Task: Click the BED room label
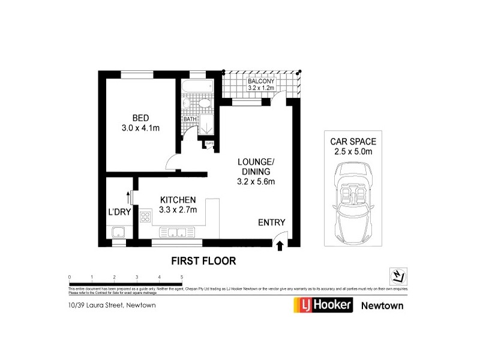tap(140, 117)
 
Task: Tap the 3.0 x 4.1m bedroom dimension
tap(140, 127)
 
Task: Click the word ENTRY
tap(271, 223)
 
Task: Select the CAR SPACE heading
tap(353, 142)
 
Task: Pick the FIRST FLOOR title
tap(203, 261)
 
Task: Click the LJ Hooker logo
tap(323, 305)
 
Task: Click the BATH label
tap(190, 119)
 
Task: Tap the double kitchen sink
tap(176, 233)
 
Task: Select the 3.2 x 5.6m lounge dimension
tap(256, 181)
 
